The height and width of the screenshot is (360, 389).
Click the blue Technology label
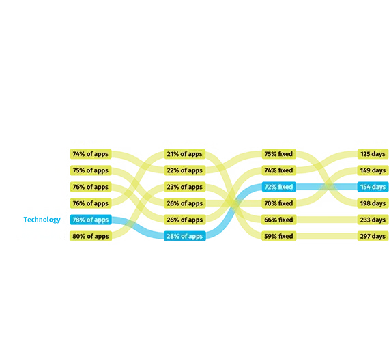(x=42, y=220)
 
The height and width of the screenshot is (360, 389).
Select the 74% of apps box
(x=91, y=154)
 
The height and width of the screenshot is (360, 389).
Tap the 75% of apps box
(x=91, y=170)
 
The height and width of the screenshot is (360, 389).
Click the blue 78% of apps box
(x=91, y=220)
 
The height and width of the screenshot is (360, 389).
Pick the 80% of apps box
(x=91, y=236)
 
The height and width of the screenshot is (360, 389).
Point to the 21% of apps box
(x=185, y=154)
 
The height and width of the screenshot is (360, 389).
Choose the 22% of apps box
(x=185, y=170)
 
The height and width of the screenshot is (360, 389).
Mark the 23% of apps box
(x=185, y=187)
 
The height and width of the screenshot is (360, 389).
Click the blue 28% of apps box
(x=185, y=236)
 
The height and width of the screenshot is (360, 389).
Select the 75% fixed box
(x=279, y=154)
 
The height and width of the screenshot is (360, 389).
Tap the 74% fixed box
(x=279, y=170)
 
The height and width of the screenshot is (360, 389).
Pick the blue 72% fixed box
(x=279, y=187)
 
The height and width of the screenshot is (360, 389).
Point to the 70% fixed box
(x=279, y=203)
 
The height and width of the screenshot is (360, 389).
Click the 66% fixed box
(x=279, y=220)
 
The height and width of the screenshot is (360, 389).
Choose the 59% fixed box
(x=279, y=236)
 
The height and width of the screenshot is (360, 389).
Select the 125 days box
(x=373, y=154)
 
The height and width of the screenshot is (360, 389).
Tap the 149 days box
(x=373, y=170)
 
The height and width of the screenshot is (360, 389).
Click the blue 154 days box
(x=373, y=187)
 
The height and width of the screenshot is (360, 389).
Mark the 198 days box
(x=373, y=203)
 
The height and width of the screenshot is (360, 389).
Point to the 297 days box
(x=373, y=236)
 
